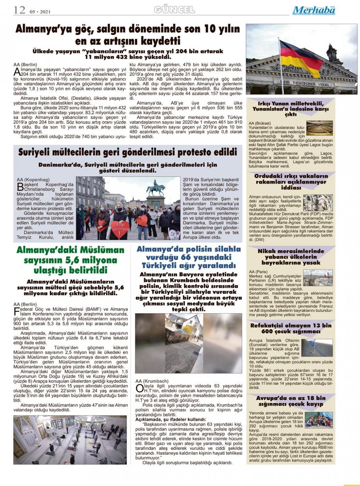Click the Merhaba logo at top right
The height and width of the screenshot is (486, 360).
[x=314, y=11]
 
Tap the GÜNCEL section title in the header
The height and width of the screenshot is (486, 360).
[x=174, y=10]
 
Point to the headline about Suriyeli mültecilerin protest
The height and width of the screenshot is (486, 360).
[x=127, y=152]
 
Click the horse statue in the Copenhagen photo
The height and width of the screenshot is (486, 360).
[x=155, y=188]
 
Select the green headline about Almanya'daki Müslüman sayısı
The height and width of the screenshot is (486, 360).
[x=71, y=260]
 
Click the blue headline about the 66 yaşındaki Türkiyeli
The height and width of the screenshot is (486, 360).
[x=189, y=257]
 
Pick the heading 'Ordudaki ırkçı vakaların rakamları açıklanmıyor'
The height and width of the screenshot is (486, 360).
[x=291, y=182]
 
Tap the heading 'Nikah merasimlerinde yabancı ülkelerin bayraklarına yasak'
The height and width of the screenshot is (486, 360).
[x=291, y=257]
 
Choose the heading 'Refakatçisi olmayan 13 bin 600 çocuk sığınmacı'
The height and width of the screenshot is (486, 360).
[x=291, y=328]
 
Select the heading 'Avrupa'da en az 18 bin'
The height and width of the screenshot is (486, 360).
[x=291, y=401]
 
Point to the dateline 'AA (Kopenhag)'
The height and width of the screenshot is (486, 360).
[x=33, y=180]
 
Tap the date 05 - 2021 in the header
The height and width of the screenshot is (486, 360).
[x=41, y=12]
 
